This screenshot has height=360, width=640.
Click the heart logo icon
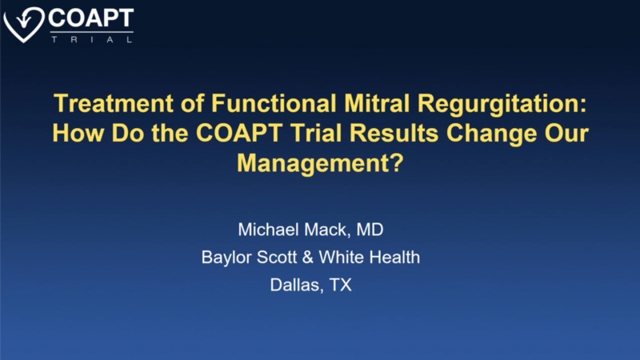coord(23,23)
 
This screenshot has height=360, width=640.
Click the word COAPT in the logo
coord(90,17)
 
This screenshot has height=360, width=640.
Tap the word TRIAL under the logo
coord(90,37)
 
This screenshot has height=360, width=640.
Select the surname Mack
coord(331,230)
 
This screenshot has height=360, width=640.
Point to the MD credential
coord(370,230)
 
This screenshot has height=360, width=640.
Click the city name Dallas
coord(293,285)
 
